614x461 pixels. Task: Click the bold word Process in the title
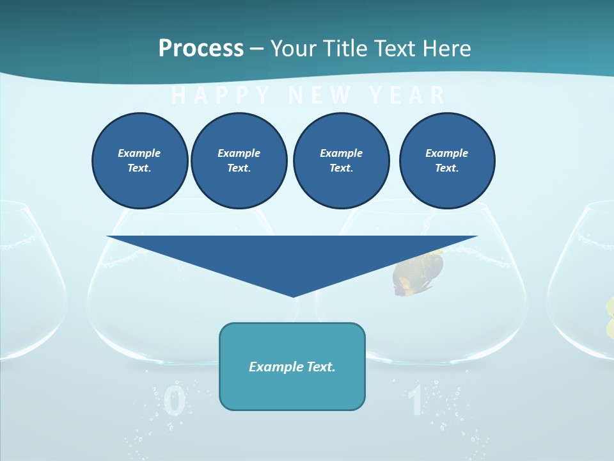[x=201, y=48]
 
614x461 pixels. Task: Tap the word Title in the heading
[x=345, y=48]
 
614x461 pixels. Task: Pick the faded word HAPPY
[x=217, y=96]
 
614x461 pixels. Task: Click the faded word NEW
[x=320, y=96]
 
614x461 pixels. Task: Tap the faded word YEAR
[x=407, y=96]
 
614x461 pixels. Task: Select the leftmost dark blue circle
[x=139, y=161]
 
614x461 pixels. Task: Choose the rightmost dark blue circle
[x=446, y=161]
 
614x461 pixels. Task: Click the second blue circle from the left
[x=239, y=161]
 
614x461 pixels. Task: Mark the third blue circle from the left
[x=341, y=161]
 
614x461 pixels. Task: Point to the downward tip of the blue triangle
[x=293, y=294]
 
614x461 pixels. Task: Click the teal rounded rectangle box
[x=292, y=384]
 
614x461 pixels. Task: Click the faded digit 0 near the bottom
[x=175, y=402]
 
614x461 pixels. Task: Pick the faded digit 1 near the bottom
[x=416, y=402]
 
